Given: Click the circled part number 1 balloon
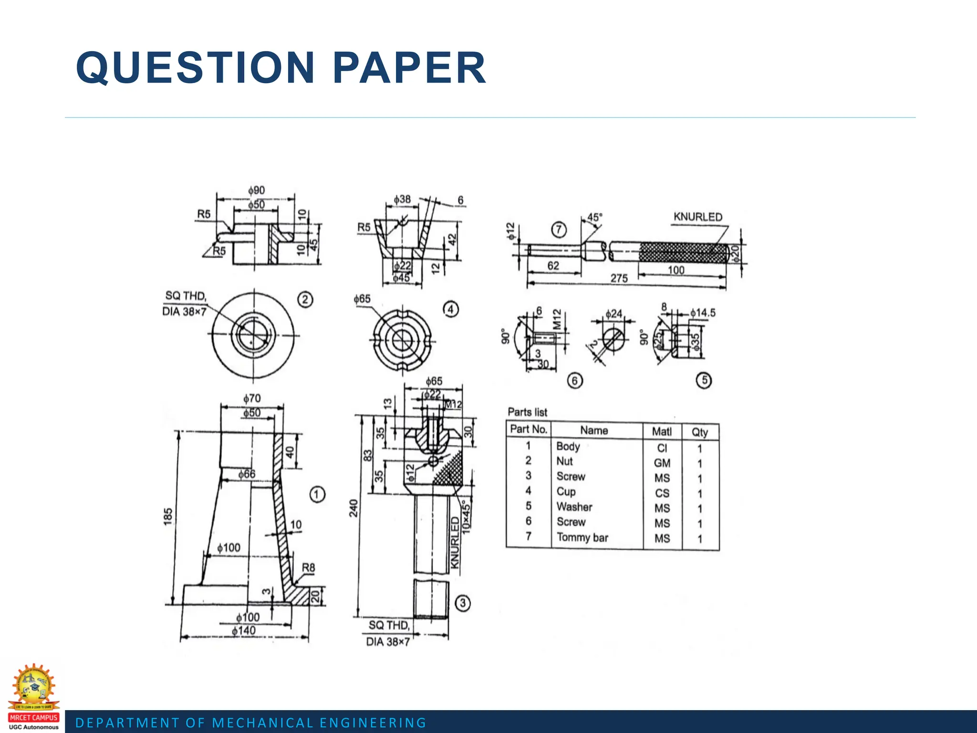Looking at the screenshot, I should click(x=317, y=494).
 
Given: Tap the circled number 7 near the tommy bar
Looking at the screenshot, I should click(x=559, y=230).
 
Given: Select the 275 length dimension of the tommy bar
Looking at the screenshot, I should click(x=619, y=278).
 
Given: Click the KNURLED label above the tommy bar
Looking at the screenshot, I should click(x=698, y=217).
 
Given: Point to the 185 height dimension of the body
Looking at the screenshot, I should click(x=168, y=517).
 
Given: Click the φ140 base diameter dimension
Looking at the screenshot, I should click(x=244, y=631).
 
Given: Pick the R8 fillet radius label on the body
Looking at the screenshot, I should click(x=309, y=567).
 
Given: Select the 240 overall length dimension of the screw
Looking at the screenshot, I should click(x=353, y=508).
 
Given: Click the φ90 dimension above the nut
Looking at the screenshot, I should click(x=256, y=190).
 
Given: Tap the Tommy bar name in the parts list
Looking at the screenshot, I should click(x=582, y=538).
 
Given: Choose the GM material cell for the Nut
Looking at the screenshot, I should click(x=662, y=463).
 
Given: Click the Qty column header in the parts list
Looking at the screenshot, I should click(x=700, y=432).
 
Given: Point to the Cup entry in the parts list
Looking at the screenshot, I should click(x=566, y=492).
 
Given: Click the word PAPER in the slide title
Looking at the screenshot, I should click(x=409, y=68).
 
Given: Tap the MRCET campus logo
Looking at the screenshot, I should click(x=33, y=697).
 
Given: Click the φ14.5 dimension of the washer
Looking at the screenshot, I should click(x=703, y=313).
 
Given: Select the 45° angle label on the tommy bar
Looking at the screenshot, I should click(x=594, y=218).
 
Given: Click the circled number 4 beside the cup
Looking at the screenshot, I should click(x=450, y=309).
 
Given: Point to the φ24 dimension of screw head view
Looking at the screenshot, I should click(x=613, y=314).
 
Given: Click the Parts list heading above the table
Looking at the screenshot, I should click(x=527, y=412).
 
